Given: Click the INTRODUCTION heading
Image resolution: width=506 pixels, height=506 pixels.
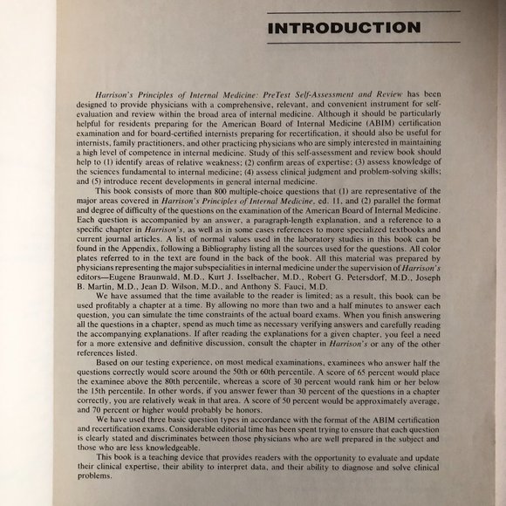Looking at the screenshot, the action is pyautogui.click(x=345, y=28).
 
